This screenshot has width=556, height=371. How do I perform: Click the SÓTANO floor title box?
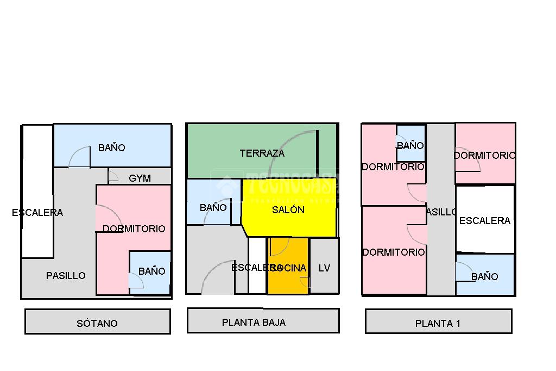point(98,321)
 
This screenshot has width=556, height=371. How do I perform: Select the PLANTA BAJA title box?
point(263,321)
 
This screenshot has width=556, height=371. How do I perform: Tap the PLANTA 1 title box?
point(438,321)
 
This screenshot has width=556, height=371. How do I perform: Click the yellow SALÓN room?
point(288,209)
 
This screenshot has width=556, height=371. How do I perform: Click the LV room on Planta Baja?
point(324,268)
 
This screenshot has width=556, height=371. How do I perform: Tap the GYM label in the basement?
point(140,178)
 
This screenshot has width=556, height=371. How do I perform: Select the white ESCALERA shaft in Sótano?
point(37,190)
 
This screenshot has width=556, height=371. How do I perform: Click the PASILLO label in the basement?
point(66,276)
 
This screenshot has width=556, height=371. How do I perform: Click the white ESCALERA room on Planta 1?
point(484,220)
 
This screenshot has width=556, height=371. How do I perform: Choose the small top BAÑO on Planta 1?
point(410,144)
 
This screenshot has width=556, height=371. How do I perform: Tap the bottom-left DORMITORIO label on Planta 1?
point(393,252)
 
